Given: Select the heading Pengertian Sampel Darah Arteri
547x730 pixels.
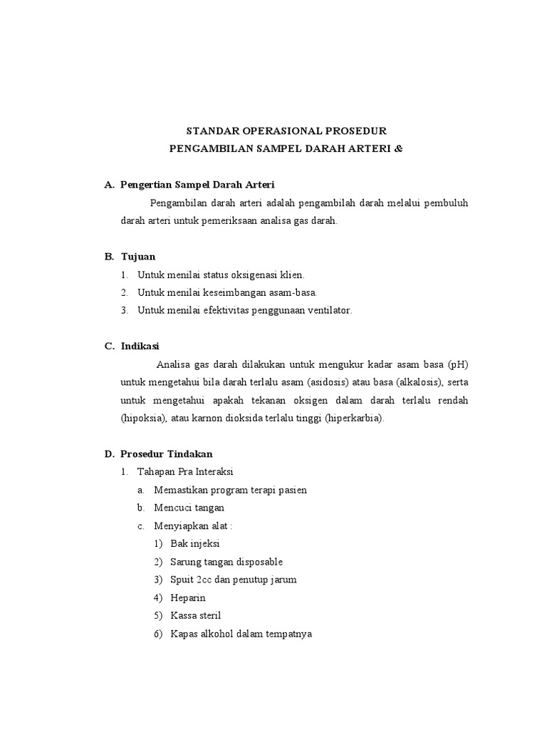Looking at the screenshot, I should coord(197,185).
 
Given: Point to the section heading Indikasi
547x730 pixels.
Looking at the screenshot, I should coord(140,346).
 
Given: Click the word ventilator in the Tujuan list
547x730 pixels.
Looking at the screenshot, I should coord(326,310).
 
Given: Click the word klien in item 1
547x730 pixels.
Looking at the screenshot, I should coord(290,274).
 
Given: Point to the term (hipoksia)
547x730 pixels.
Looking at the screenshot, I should coord(144,418).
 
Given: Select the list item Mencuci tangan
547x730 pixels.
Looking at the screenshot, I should coord(189,508).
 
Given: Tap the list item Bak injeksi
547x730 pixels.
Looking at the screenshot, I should coord(194,543).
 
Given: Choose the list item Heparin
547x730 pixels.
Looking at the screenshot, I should coord(188,597).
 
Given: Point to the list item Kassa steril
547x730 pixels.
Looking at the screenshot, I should coord(196,615).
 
